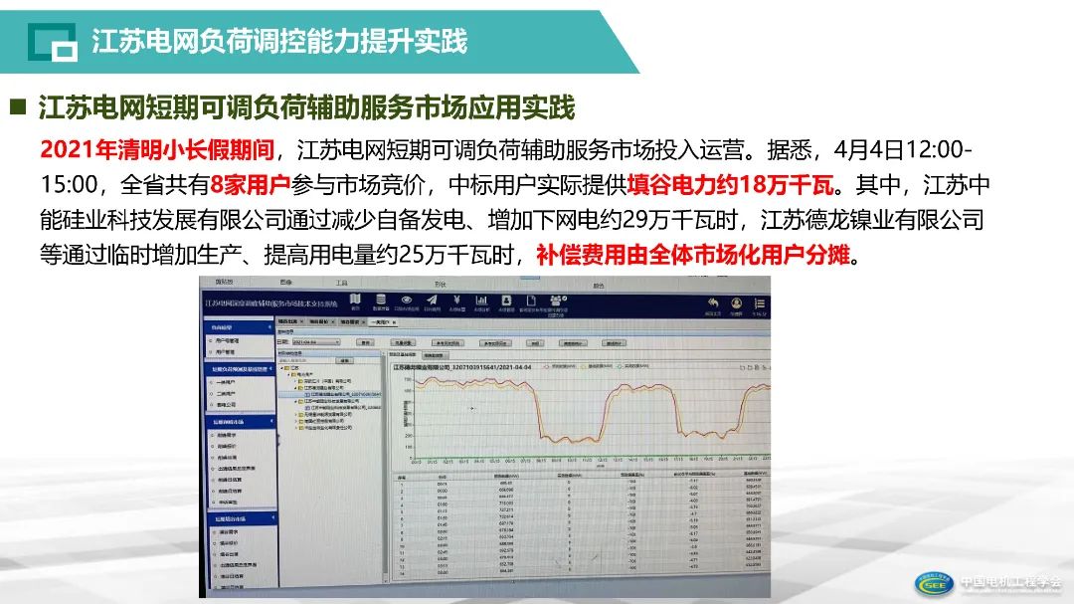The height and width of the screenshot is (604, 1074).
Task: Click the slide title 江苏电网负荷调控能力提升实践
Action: tap(279, 42)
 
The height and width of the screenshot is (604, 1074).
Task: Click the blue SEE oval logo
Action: tap(934, 584)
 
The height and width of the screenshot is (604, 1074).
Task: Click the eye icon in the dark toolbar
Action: tap(406, 300)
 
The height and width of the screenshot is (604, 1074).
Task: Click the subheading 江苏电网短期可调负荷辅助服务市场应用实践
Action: tap(306, 107)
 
